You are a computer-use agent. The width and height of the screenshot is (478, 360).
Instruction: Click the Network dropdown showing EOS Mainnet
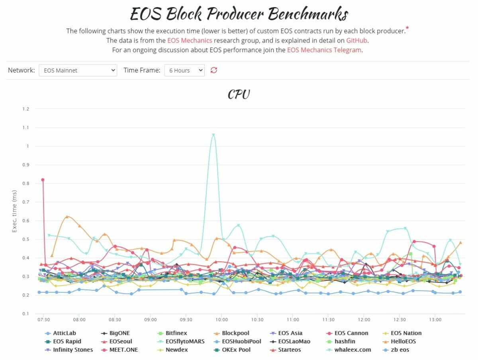coord(78,70)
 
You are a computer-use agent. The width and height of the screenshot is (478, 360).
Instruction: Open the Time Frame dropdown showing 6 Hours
coord(184,70)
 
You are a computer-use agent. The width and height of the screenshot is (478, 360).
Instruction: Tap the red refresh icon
coord(214,70)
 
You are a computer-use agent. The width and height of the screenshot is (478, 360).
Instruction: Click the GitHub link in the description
coord(357,40)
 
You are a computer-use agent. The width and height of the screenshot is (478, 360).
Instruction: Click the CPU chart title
coord(239,94)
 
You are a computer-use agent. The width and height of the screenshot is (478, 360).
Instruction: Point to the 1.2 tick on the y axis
coord(25,109)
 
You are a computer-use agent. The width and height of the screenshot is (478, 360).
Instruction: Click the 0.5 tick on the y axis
coord(25,239)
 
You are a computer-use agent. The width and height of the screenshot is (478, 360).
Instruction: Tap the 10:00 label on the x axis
coord(221,320)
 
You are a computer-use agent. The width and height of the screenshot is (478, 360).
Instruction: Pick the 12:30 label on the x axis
coord(400,320)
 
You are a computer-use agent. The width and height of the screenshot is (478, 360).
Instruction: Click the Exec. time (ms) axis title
coord(15,211)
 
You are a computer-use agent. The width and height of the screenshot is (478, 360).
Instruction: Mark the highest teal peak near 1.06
coord(214,135)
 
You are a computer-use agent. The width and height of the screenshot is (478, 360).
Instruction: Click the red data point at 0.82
coord(43,180)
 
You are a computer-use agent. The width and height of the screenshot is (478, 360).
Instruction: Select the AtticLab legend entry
coord(64,333)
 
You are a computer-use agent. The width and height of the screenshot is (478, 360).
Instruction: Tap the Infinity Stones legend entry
coord(72,350)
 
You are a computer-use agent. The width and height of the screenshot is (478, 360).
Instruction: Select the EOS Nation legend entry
coord(406,333)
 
